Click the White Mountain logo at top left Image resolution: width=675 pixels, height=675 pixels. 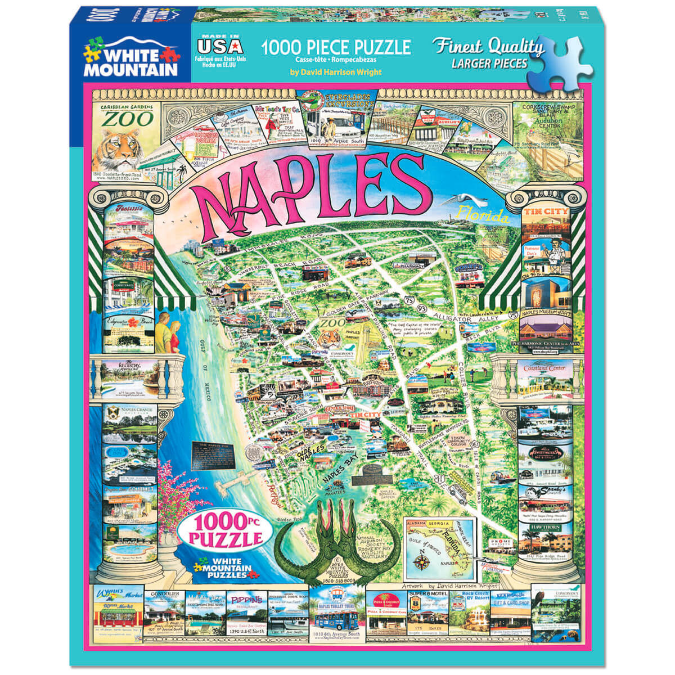tap(130, 56)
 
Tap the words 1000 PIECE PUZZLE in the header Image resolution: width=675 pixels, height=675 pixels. tap(336, 47)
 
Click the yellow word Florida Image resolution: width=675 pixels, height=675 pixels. tap(482, 214)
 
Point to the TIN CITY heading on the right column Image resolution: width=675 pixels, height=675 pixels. tap(545, 211)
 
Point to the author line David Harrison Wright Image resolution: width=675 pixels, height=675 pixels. tap(336, 72)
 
